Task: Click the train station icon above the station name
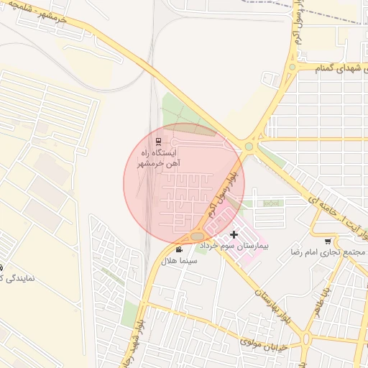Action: [x=158, y=140]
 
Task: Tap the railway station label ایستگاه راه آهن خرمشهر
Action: [x=155, y=159]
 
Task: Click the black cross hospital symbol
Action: [x=234, y=234]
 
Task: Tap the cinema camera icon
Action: [x=179, y=249]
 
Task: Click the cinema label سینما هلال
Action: [x=179, y=260]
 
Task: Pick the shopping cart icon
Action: [x=328, y=241]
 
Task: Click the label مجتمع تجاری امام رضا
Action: [x=328, y=252]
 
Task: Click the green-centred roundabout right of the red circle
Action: [x=249, y=147]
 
